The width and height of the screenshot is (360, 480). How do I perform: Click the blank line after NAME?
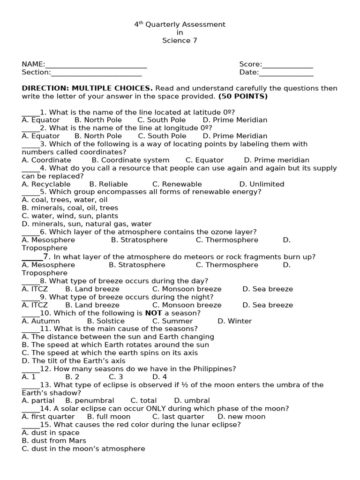click(96, 65)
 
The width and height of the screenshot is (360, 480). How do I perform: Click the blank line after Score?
click(287, 65)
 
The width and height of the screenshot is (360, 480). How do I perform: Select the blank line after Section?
click(96, 73)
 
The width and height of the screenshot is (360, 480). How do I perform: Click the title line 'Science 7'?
click(180, 40)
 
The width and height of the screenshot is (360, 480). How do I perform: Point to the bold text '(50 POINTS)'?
click(243, 96)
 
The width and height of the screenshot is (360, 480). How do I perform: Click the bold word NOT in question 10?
click(153, 313)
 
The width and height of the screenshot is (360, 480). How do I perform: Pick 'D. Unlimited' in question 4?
click(262, 184)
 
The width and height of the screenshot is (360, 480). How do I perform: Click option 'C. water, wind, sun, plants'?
click(70, 216)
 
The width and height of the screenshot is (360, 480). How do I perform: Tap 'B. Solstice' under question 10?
click(103, 321)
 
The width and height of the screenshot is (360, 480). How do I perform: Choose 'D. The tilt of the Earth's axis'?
click(74, 361)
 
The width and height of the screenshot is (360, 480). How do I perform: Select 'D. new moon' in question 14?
click(241, 417)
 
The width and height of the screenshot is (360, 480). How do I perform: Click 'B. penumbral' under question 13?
click(90, 401)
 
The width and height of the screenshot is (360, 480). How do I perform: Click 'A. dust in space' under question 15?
click(51, 433)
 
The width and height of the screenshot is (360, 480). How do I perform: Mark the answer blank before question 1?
click(30, 112)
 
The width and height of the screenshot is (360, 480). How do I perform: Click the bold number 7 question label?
click(46, 256)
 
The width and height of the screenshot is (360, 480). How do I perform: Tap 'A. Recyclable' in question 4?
click(46, 184)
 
